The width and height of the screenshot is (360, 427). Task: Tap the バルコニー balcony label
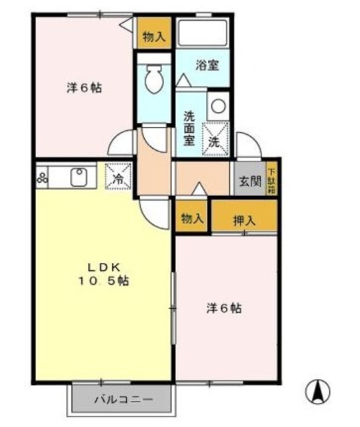click(123, 400)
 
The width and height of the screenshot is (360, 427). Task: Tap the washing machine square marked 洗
click(215, 141)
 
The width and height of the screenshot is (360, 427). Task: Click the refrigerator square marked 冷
click(118, 177)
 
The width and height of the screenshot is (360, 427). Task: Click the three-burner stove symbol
click(44, 177)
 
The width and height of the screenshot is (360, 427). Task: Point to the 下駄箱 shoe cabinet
click(271, 180)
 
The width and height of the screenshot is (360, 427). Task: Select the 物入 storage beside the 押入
click(192, 218)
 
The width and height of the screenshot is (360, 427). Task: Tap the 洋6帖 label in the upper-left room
click(84, 88)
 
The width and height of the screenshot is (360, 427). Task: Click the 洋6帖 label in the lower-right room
click(223, 308)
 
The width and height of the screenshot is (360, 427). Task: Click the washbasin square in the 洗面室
click(218, 105)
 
